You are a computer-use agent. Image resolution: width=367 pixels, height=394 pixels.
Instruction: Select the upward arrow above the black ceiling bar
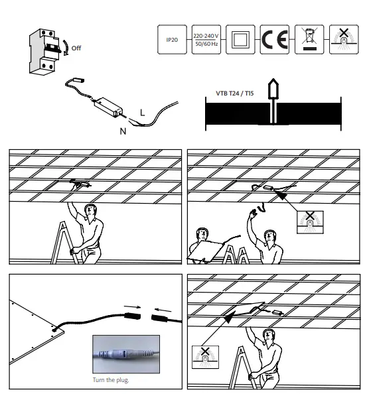tap(271, 90)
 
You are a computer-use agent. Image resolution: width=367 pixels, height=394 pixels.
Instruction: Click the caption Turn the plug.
tap(110, 379)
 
